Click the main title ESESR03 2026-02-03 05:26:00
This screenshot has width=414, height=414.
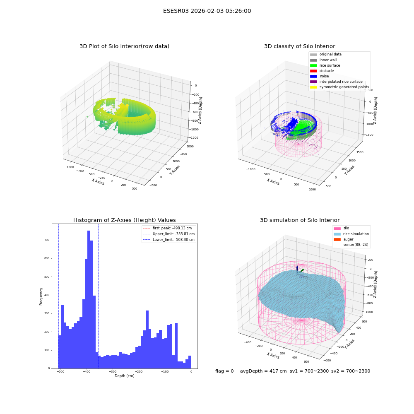pyautogui.click(x=207, y=11)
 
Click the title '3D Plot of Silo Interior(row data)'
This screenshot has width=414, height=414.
pyautogui.click(x=124, y=46)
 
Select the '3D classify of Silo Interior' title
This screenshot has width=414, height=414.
pyautogui.click(x=300, y=46)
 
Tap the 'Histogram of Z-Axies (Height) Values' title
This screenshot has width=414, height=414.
pyautogui.click(x=124, y=220)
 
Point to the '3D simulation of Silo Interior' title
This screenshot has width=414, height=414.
pyautogui.click(x=300, y=220)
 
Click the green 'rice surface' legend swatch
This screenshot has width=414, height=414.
pyautogui.click(x=313, y=65)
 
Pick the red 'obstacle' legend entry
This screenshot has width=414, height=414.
pyautogui.click(x=322, y=71)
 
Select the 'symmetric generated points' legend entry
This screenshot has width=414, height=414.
pyautogui.click(x=339, y=87)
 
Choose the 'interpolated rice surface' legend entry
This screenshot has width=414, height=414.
pyautogui.click(x=336, y=82)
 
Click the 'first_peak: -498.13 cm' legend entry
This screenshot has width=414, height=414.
pyautogui.click(x=167, y=228)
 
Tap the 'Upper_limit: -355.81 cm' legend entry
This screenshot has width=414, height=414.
pyautogui.click(x=169, y=234)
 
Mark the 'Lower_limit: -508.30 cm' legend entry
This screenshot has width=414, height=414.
pyautogui.click(x=169, y=240)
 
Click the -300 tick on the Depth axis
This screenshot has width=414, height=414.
pyautogui.click(x=113, y=372)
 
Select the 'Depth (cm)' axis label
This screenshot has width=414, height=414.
pyautogui.click(x=124, y=376)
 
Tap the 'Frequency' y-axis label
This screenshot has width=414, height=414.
pyautogui.click(x=41, y=296)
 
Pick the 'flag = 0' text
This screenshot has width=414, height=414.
pyautogui.click(x=224, y=371)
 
